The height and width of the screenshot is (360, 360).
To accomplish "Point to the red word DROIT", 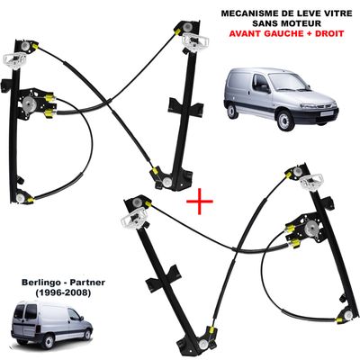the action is tap(329, 33).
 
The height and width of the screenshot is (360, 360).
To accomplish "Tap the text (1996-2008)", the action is tap(63, 292).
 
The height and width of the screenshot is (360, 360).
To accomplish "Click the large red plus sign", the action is tap(200, 202).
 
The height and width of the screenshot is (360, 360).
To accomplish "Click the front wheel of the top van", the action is tap(284, 121).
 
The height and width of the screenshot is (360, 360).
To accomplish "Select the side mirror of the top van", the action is tap(265, 88).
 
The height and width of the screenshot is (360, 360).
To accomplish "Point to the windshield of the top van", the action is tap(287, 82).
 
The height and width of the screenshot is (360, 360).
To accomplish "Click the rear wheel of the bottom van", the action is tap(49, 341).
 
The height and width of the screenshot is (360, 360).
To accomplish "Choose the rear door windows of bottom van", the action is tap(26, 311).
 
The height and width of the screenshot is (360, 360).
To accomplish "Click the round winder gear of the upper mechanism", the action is tap(30, 104).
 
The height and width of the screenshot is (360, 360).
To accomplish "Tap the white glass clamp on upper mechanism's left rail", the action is tap(14, 60).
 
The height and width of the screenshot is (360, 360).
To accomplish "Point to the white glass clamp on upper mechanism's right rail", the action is tap(195, 40).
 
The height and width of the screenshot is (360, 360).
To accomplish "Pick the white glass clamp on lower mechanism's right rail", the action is tap(312, 181).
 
